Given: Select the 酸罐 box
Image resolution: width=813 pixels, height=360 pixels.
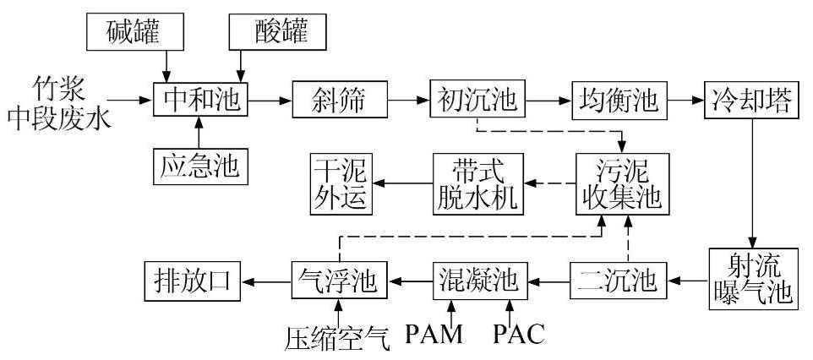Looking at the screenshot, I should pos(278,31).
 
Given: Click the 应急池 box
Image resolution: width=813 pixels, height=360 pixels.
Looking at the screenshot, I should pos(199,166).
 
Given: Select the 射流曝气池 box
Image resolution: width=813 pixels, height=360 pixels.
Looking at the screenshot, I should pos(750,278).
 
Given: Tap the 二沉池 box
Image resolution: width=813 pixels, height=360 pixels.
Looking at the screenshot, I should pos(618,278).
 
